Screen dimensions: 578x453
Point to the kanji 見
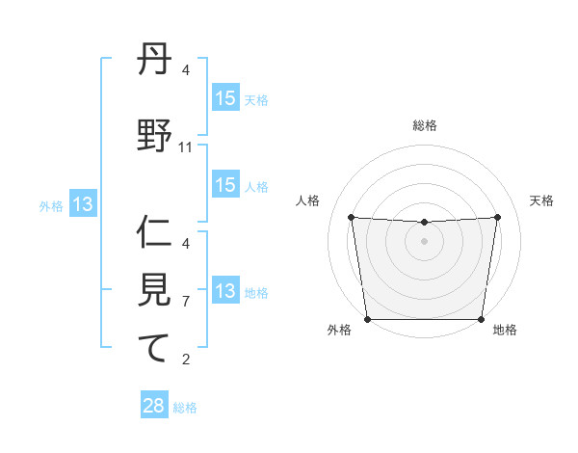pos(155,290)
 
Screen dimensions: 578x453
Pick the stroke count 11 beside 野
pos(186,147)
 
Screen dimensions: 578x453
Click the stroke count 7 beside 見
pos(186,302)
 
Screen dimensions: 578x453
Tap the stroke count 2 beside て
pos(186,360)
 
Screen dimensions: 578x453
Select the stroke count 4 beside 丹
pos(186,70)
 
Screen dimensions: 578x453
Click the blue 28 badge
pos(154,406)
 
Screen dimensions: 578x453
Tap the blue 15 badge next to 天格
pos(224,98)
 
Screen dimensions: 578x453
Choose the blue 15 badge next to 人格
pos(224,185)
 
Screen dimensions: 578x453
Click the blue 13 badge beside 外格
pos(83,204)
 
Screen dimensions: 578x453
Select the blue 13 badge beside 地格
pos(224,291)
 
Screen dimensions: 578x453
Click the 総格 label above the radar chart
pos(424,125)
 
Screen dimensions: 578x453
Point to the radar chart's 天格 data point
pos(498,217)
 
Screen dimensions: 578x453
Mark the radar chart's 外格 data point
pos(367,319)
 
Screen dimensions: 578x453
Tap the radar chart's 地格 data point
pos(481,319)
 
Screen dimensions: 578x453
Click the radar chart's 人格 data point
pos(351,217)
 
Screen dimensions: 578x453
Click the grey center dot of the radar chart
pos(424,241)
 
